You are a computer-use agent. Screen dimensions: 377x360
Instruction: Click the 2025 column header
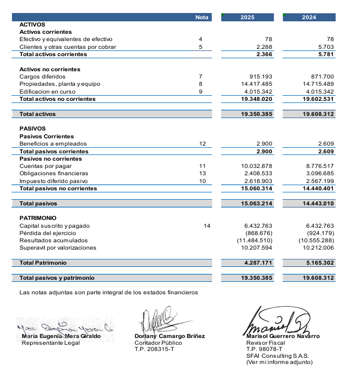click(247, 17)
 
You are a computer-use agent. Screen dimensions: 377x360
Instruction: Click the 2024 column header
click(308, 17)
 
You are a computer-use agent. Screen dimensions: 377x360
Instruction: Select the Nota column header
click(201, 17)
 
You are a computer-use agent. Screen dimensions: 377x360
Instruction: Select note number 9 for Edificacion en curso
click(200, 92)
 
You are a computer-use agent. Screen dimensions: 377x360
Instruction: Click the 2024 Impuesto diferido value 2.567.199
click(318, 181)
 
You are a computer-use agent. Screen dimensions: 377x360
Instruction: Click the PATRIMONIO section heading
click(38, 218)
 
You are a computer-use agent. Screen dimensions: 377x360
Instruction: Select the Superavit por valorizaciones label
click(58, 248)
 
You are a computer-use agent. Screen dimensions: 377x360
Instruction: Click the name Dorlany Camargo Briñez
click(170, 336)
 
